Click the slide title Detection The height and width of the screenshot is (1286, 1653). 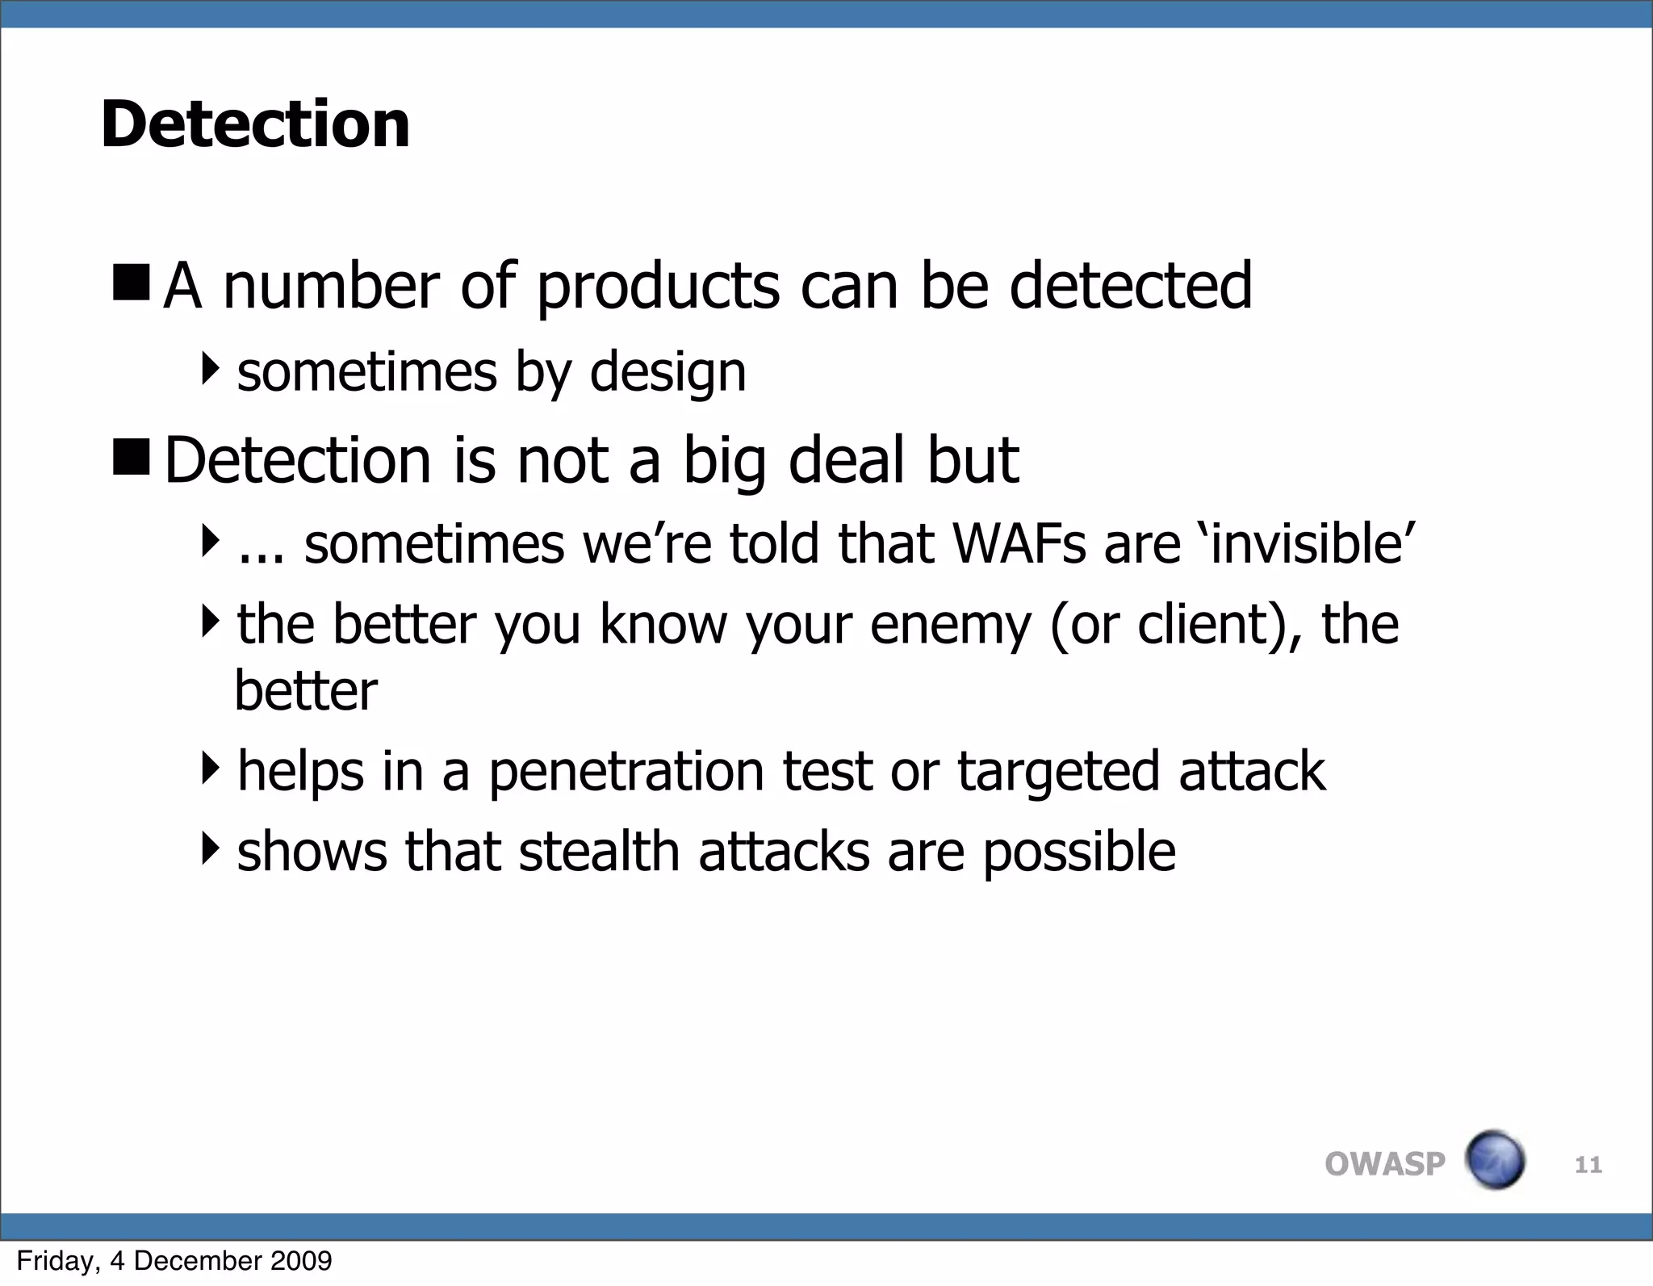pyautogui.click(x=255, y=124)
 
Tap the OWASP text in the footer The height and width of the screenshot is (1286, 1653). pyautogui.click(x=1384, y=1163)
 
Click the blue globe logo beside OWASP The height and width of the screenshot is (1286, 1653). pyautogui.click(x=1495, y=1160)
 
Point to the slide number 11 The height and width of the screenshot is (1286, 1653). pyautogui.click(x=1588, y=1164)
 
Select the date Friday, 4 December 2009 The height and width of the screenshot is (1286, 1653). pyautogui.click(x=174, y=1260)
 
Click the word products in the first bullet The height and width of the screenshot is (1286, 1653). pyautogui.click(x=658, y=287)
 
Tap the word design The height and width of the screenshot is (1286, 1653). pyautogui.click(x=667, y=374)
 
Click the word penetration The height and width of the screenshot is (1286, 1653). pyautogui.click(x=626, y=772)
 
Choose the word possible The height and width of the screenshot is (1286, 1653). pyautogui.click(x=1079, y=853)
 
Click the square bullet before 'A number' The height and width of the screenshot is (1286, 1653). pyautogui.click(x=132, y=283)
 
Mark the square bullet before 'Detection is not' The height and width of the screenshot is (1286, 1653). pyautogui.click(x=132, y=457)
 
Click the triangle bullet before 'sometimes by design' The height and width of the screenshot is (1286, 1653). pyautogui.click(x=210, y=369)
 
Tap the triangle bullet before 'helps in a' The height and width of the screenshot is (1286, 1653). pyautogui.click(x=210, y=768)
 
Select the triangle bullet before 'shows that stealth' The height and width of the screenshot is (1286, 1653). pyautogui.click(x=210, y=848)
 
